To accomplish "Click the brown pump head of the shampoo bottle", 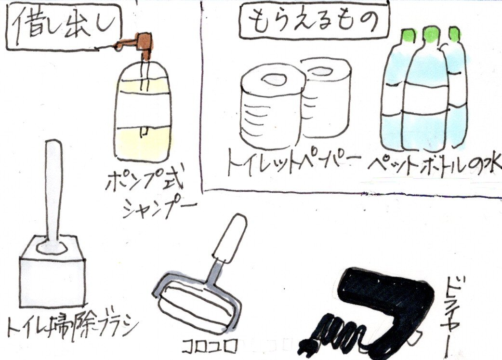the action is [141, 45].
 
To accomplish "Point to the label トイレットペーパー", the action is [293, 162].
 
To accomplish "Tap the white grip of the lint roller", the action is [230, 238].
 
